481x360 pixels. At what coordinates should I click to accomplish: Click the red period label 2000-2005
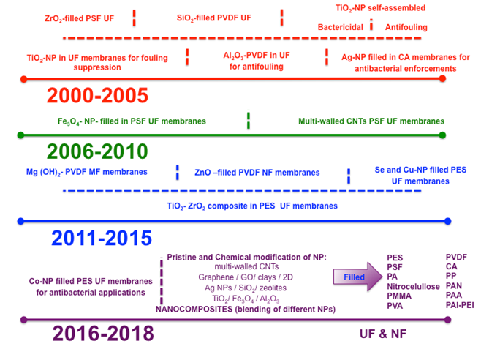pyautogui.click(x=97, y=96)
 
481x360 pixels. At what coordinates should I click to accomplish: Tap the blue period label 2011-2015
pyautogui.click(x=101, y=238)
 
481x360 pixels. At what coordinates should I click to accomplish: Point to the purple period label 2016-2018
pyautogui.click(x=103, y=334)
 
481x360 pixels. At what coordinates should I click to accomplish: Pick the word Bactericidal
pyautogui.click(x=341, y=27)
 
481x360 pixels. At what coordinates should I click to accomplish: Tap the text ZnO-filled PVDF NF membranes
pyautogui.click(x=257, y=173)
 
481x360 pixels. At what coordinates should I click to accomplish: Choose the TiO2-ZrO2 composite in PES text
pyautogui.click(x=252, y=206)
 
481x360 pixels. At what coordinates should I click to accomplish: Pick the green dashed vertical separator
pyautogui.click(x=249, y=121)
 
